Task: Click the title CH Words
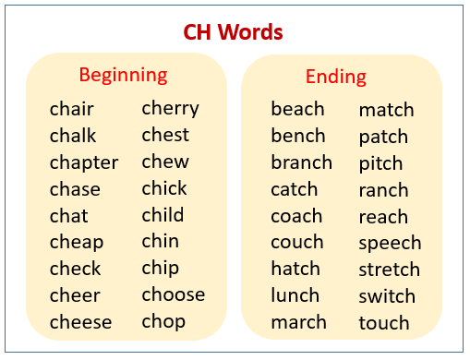pos(234,32)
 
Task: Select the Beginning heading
pos(123,75)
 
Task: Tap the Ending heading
pos(336,77)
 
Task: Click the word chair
pos(72,110)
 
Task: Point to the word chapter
pos(84,163)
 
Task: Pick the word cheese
pos(81,322)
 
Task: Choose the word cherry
pos(170,109)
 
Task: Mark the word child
pos(163,215)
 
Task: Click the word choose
pos(173,295)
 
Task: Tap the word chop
pos(163,322)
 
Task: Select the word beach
pos(297,110)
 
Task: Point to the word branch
pos(301,162)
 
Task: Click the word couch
pos(296,243)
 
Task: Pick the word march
pos(298,322)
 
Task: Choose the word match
pos(386,111)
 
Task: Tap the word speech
pos(390,244)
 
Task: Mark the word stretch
pos(389,270)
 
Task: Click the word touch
pos(384,323)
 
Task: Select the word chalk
pos(73,137)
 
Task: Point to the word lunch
pos(296,295)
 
